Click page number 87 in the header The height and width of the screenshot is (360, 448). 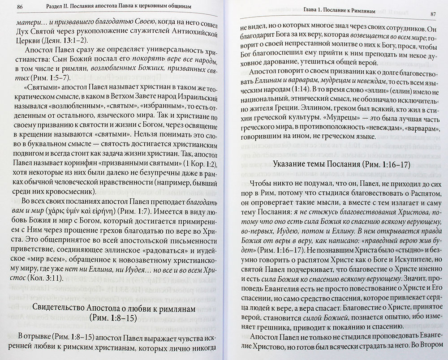(x=433, y=15)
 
